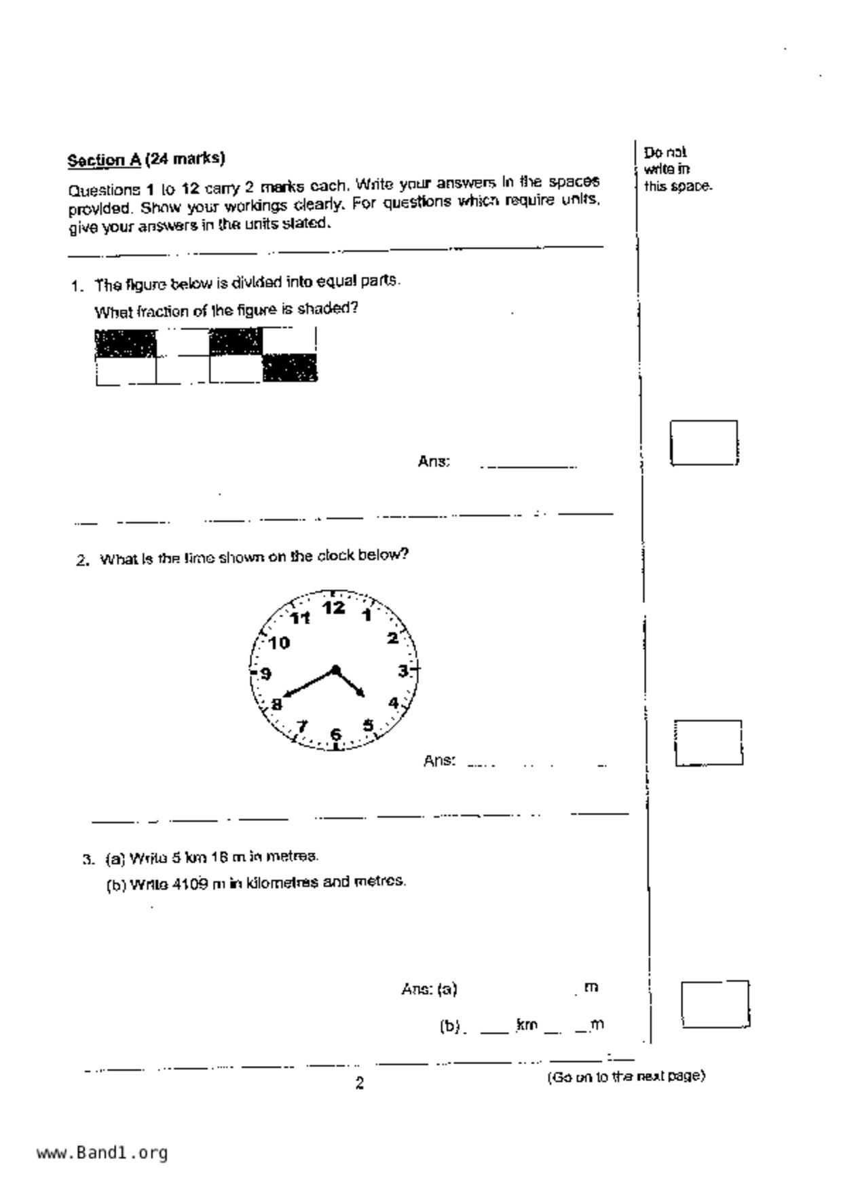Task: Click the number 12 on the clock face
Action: tap(333, 608)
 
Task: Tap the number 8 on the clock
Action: tap(276, 705)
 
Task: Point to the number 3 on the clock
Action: tap(403, 671)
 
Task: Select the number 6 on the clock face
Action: tap(335, 734)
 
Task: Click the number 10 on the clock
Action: tap(279, 642)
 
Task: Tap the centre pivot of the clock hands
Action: tap(335, 670)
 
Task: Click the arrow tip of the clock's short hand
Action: tap(364, 696)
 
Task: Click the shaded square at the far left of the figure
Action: tap(126, 344)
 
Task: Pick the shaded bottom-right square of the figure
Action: tap(290, 368)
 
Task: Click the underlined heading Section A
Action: tap(104, 160)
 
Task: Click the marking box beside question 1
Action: tap(704, 443)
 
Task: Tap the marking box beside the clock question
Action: tap(708, 743)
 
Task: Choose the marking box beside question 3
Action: tap(715, 1004)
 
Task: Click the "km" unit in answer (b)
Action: tap(527, 1024)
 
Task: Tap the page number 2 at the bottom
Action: tap(360, 1084)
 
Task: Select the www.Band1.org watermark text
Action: tap(102, 1152)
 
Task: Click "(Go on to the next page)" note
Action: tap(626, 1076)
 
